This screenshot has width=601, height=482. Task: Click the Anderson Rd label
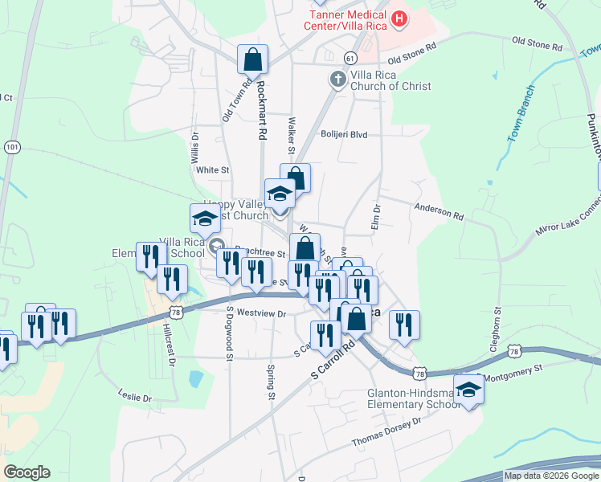(439, 211)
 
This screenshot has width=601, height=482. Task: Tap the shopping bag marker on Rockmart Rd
(252, 60)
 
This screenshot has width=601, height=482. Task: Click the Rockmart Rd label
(260, 112)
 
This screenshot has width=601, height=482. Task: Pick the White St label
(213, 170)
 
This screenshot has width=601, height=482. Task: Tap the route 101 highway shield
(11, 147)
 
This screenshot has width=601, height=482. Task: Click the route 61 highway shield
(350, 58)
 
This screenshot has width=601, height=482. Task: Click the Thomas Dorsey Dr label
(386, 433)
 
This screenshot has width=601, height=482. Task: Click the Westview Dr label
(262, 314)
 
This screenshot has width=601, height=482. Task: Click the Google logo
(27, 472)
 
